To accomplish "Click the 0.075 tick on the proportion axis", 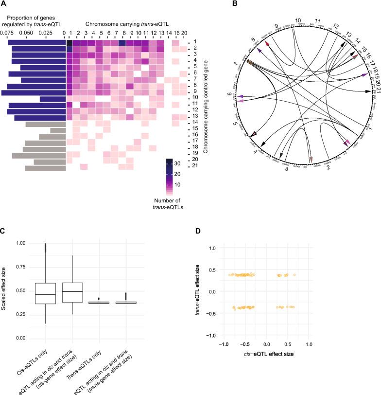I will [7, 33].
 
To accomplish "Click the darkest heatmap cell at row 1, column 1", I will [69, 43].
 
